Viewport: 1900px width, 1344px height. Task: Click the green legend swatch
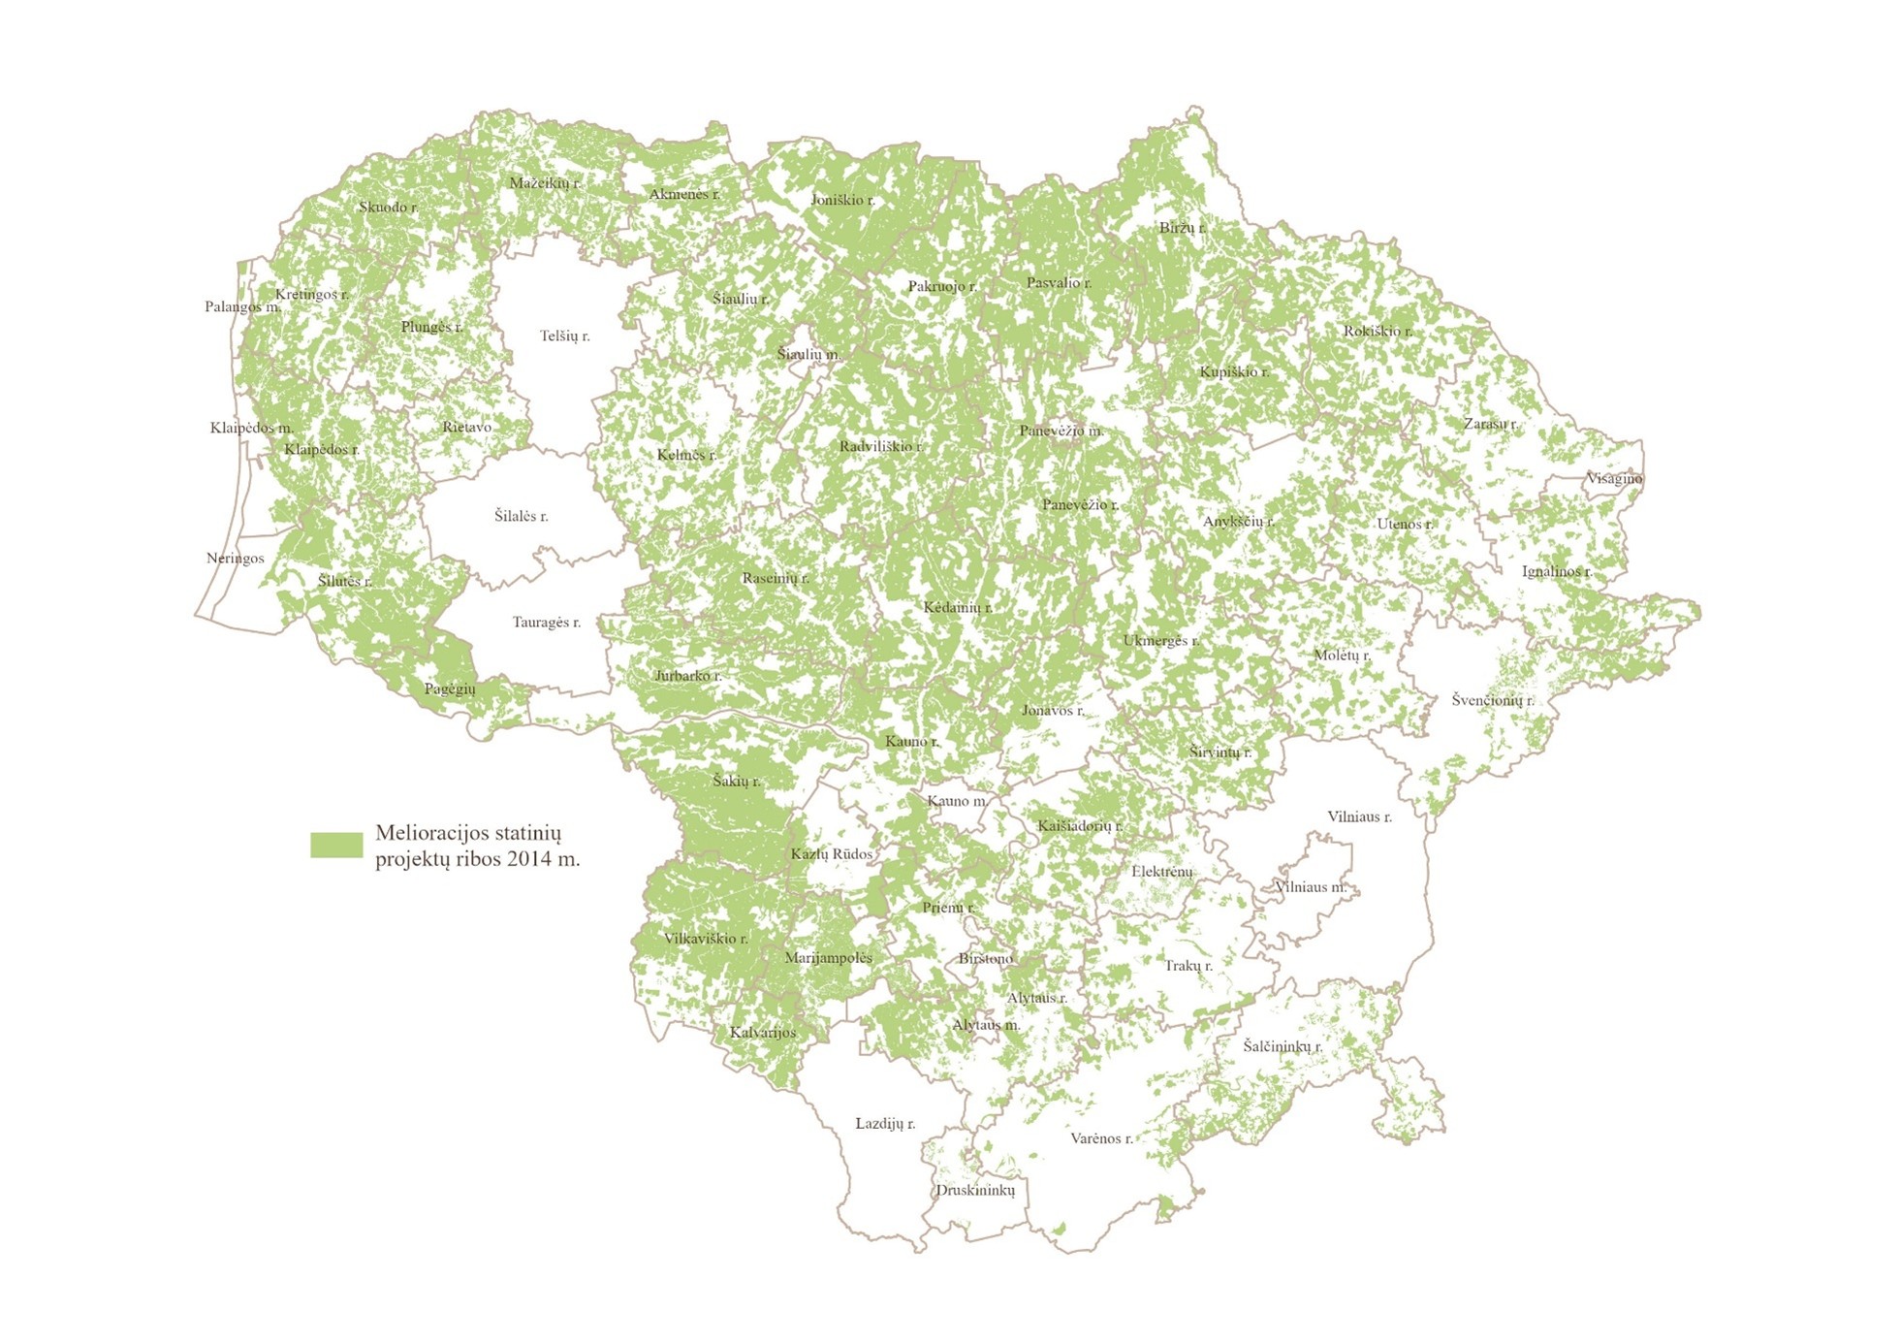tap(336, 845)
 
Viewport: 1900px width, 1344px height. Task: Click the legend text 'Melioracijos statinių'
tap(468, 833)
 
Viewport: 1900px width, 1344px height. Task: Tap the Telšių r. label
tap(564, 336)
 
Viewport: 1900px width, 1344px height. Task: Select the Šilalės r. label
tap(521, 516)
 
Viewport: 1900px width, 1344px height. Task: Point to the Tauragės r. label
tap(546, 623)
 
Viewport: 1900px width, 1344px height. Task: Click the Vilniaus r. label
tap(1359, 816)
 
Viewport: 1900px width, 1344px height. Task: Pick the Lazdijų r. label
tap(884, 1124)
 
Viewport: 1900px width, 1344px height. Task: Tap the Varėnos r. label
tap(1101, 1138)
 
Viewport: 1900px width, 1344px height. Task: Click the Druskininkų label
tap(974, 1190)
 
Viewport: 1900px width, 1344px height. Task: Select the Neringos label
tap(235, 559)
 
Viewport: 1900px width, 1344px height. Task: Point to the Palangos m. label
tap(242, 307)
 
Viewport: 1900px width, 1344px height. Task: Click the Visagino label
tap(1614, 478)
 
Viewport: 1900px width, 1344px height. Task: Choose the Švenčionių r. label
tap(1492, 700)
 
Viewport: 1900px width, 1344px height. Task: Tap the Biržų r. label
tap(1182, 228)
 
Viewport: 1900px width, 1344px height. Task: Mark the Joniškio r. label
tap(841, 201)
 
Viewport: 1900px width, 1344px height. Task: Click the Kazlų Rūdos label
tap(831, 854)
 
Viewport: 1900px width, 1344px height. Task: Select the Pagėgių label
tap(450, 689)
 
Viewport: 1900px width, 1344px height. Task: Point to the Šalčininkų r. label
tap(1282, 1046)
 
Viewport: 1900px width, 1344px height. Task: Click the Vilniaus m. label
tap(1311, 887)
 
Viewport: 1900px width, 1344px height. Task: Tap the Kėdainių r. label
tap(957, 608)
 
